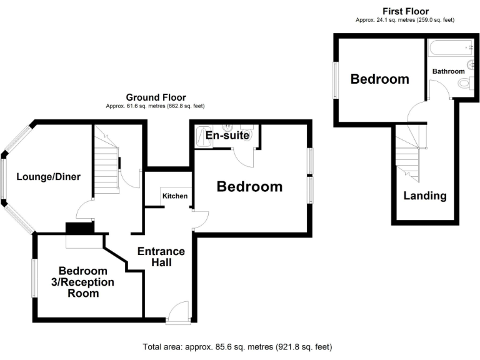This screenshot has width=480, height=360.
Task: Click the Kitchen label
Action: coord(175,196)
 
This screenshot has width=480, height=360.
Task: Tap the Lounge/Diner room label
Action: coord(48,177)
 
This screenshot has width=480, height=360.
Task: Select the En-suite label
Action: coord(227,135)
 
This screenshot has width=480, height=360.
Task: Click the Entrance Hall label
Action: coord(161,257)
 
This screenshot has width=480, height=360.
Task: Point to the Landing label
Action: coord(425,196)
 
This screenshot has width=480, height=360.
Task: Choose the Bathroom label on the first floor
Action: coord(448,72)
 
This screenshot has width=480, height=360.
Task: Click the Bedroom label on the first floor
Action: coord(379,79)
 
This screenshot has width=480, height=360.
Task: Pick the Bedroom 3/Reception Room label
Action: coord(86,282)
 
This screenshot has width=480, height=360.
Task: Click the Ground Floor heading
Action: coord(156,97)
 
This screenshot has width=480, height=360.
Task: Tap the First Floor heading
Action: coord(405,11)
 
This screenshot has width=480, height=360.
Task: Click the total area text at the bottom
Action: coord(237,346)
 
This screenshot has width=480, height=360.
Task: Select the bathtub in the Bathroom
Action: coord(451,47)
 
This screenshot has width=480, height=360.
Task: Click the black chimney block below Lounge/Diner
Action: coord(79,228)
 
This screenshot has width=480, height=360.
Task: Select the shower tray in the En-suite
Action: coord(204,136)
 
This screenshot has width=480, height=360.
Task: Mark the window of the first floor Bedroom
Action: coord(335,79)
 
